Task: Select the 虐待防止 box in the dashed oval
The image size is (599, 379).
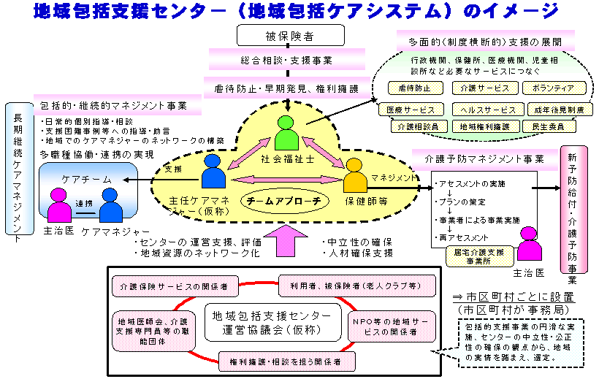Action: coord(416,88)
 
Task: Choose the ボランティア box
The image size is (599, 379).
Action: coord(554,88)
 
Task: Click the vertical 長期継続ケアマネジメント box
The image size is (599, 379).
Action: coord(17,170)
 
